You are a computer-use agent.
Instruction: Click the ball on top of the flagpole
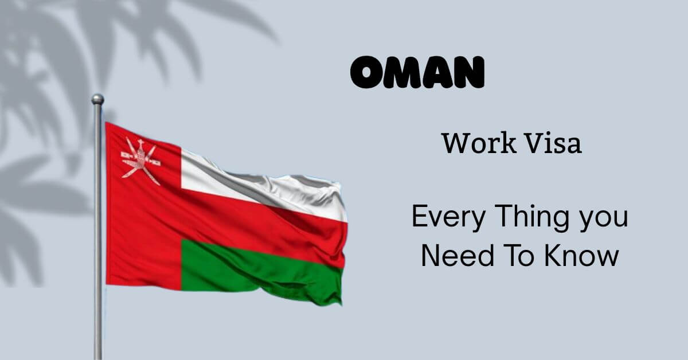pyautogui.click(x=97, y=99)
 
